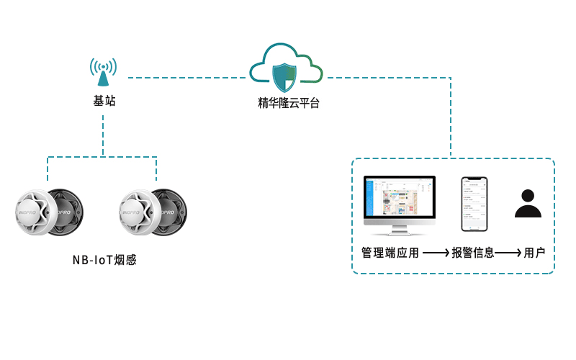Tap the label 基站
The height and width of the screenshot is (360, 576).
click(104, 102)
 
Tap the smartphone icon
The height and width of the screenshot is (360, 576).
click(474, 204)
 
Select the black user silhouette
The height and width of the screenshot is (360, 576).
click(528, 204)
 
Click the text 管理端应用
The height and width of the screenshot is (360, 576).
click(390, 253)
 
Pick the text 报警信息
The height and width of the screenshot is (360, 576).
click(473, 253)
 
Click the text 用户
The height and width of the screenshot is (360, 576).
click(535, 253)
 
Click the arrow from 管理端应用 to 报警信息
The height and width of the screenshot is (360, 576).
click(436, 253)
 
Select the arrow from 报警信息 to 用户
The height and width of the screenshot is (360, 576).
click(508, 253)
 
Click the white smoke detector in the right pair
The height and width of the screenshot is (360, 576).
click(138, 212)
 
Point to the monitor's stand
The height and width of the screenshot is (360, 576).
click(399, 230)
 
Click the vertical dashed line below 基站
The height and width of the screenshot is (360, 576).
click(103, 133)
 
